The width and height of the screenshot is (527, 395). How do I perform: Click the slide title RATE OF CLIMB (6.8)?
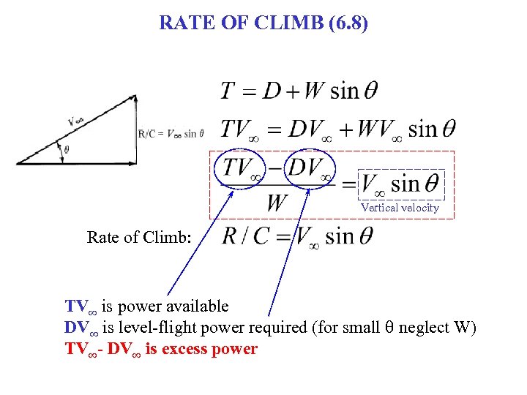[263, 23]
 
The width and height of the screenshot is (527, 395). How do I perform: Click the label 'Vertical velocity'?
[400, 208]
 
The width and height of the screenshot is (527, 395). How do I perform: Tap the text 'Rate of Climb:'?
[139, 237]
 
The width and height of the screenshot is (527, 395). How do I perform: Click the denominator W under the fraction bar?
[277, 202]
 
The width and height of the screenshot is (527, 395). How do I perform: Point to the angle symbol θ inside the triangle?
[67, 149]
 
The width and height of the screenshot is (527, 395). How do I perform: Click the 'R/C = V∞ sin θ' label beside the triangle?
[171, 133]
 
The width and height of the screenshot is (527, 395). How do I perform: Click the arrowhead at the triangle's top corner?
[133, 98]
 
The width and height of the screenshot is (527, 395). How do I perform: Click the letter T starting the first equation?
[228, 91]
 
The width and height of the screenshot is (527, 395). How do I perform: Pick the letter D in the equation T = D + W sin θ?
[273, 91]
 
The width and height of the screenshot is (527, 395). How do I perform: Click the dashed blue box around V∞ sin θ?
[401, 184]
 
